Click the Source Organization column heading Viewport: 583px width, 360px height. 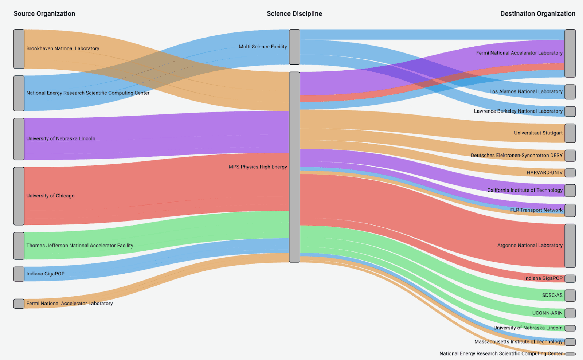(44, 14)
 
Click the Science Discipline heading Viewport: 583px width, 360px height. (294, 14)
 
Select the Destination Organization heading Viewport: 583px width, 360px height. (537, 14)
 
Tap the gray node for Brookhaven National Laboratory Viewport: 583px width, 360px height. (19, 49)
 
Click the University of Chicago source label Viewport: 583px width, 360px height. (50, 196)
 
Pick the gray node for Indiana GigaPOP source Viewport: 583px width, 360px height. (19, 274)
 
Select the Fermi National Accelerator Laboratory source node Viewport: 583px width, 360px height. (19, 304)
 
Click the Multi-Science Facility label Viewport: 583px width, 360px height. (263, 47)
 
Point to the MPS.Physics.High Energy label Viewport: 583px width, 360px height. (258, 167)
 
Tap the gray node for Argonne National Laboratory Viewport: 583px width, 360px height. (570, 246)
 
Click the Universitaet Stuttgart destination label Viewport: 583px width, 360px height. (538, 133)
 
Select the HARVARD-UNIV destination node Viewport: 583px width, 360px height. (570, 173)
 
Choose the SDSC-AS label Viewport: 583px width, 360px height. (552, 295)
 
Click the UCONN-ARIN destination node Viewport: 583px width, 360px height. (570, 313)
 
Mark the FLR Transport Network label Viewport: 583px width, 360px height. (536, 210)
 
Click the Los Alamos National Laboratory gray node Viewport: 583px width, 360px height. (570, 92)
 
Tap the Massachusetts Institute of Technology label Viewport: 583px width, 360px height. (518, 341)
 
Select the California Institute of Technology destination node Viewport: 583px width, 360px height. (570, 190)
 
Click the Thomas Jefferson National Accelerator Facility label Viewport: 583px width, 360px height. (79, 246)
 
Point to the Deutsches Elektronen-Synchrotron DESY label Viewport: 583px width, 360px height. (516, 155)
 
